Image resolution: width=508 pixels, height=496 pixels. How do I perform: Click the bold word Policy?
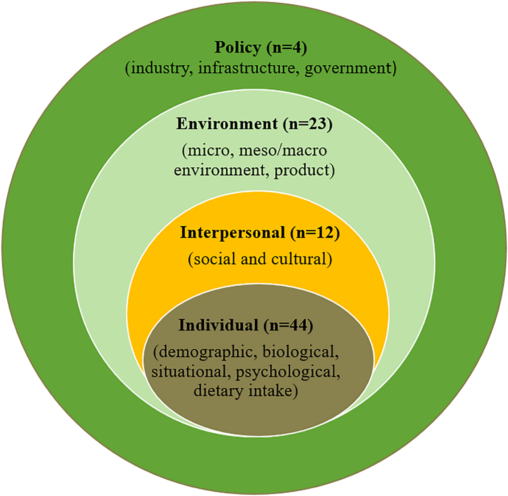[x=238, y=47]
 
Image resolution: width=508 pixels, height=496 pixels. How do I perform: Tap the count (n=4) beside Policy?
[x=287, y=47]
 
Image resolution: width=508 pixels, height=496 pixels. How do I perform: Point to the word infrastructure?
[x=246, y=68]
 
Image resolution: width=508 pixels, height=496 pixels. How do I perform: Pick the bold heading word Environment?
[x=227, y=124]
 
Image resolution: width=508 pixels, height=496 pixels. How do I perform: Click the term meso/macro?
[x=283, y=150]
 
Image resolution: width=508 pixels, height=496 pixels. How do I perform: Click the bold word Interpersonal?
[x=233, y=233]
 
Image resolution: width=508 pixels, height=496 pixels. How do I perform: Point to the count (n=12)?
[x=315, y=233]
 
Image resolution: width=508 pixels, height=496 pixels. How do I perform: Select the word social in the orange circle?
[x=212, y=259]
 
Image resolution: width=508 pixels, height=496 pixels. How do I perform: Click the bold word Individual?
[x=218, y=325]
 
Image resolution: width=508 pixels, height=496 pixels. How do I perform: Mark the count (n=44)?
[x=288, y=325]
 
